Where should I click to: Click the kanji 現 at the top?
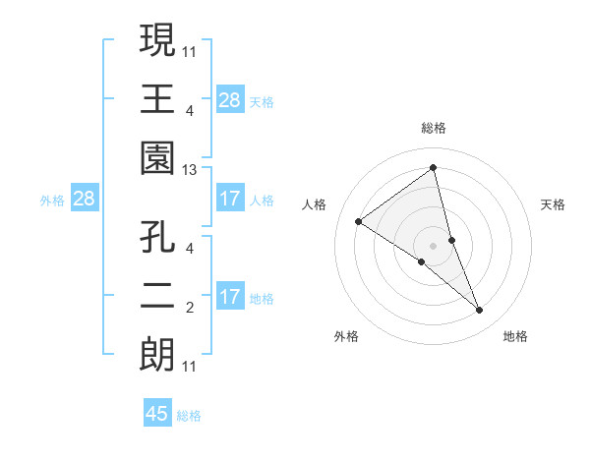coord(157,41)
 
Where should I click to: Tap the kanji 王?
coord(157,98)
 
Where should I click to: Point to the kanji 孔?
coord(157,239)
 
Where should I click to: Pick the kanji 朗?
coord(157,354)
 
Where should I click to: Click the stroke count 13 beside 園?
coord(190,170)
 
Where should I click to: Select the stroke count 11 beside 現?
coord(190,50)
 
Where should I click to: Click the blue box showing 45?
coord(157,414)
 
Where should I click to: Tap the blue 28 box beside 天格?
coord(230,99)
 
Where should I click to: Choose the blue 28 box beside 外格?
coord(85,199)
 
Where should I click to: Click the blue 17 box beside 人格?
coord(230,199)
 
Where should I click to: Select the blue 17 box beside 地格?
coord(230,297)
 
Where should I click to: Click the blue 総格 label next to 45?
coord(190,416)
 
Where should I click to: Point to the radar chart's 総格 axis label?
coord(434,128)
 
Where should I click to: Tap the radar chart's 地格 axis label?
coord(515,336)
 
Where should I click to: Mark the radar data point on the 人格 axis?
coord(359,221)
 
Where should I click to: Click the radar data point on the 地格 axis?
coord(480,310)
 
